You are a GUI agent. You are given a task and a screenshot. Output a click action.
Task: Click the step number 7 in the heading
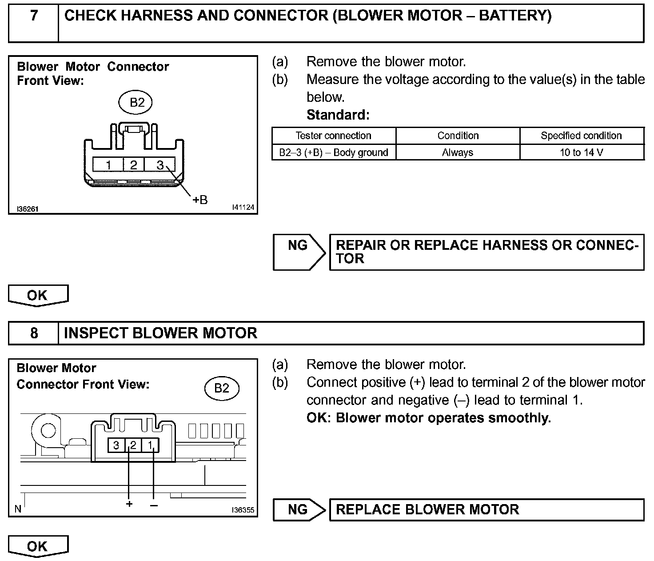(34, 16)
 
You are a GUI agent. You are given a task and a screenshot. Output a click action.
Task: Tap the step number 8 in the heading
(34, 333)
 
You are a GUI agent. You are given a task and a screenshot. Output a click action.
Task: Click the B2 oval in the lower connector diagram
(222, 389)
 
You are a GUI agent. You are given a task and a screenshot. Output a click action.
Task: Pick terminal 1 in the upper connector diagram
(108, 165)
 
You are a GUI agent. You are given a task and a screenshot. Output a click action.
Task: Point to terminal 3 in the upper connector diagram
(160, 165)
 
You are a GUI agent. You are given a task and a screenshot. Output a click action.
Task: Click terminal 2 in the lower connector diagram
(133, 445)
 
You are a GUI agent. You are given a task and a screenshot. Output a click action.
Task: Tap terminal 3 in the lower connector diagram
(116, 445)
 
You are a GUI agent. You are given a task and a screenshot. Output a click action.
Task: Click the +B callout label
(199, 200)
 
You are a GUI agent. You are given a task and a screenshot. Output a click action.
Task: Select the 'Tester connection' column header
(333, 136)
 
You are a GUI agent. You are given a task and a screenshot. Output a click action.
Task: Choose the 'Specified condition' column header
(581, 136)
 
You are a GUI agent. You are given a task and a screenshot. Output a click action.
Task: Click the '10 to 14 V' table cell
(581, 152)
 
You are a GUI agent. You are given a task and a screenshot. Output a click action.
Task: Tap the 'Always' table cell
(458, 152)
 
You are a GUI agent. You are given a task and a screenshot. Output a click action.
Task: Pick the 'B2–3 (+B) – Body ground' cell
(333, 152)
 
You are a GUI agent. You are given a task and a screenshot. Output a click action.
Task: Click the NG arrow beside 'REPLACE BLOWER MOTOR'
(299, 509)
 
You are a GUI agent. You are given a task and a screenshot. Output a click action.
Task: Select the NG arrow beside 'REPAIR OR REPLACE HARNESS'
(299, 252)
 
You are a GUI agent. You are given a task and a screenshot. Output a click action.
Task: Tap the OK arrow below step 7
(38, 296)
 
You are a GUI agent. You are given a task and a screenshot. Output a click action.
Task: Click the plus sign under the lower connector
(129, 504)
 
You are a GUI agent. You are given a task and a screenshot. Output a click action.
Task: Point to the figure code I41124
(243, 208)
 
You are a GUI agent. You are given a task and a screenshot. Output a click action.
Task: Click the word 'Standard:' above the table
(338, 115)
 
